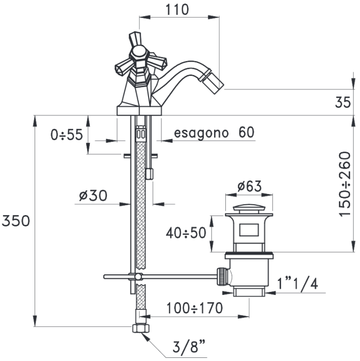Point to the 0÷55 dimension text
67,135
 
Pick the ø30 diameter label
93,195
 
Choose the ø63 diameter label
250,186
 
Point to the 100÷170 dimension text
194,308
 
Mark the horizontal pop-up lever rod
165,276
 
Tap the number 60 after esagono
246,133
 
